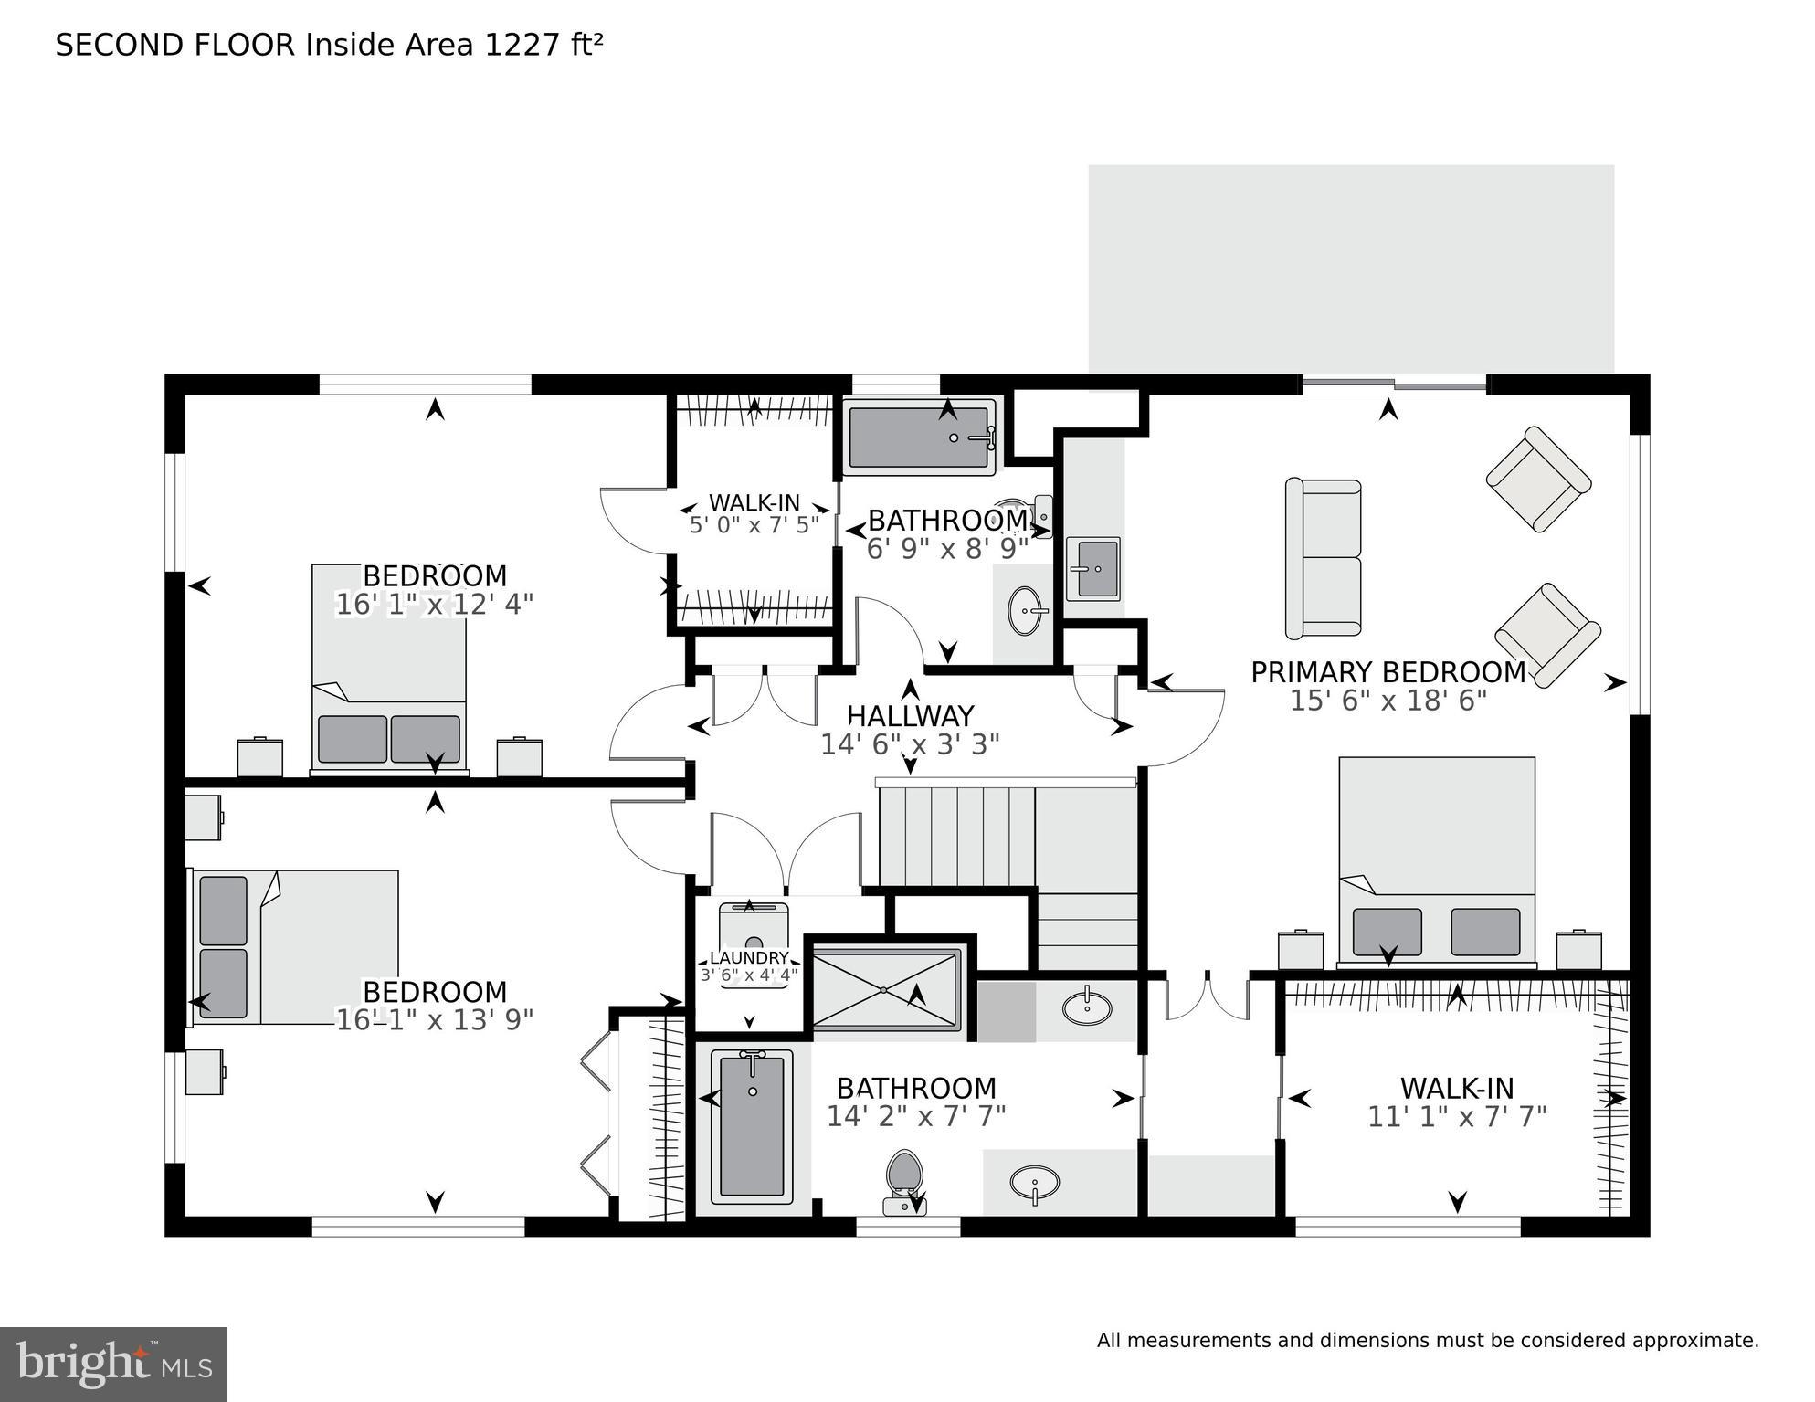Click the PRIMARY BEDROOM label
tap(1387, 672)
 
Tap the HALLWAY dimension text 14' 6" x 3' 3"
tap(910, 744)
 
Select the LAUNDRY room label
tap(749, 957)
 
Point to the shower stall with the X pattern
tap(885, 989)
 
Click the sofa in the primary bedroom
tap(1323, 558)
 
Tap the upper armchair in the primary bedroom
tap(1538, 479)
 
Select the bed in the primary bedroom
tap(1436, 859)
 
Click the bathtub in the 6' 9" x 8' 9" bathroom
tap(919, 437)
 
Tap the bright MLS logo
tap(113, 1363)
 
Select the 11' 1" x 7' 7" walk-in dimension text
tap(1456, 1116)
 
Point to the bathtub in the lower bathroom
tap(752, 1125)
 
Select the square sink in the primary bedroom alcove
tap(1092, 567)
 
